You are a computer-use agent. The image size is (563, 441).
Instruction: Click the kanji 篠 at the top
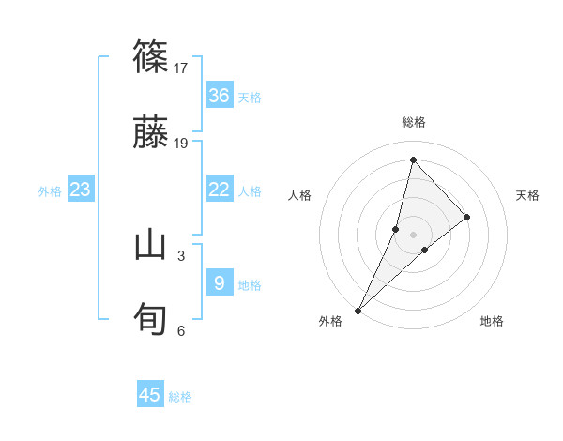151,56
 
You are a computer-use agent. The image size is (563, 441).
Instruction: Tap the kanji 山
151,245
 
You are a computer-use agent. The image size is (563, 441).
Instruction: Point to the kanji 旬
151,320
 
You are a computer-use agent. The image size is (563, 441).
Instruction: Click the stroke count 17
182,68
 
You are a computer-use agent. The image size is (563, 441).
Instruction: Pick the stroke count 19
182,143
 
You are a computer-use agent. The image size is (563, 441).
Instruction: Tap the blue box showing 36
220,96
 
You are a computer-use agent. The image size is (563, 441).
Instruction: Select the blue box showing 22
220,190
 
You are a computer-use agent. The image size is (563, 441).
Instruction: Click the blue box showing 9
220,282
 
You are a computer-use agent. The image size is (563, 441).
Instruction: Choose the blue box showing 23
81,190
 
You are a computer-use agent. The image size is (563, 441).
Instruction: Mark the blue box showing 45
150,395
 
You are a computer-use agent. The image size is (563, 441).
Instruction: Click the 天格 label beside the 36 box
250,98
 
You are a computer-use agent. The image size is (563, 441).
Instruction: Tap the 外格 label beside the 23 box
50,191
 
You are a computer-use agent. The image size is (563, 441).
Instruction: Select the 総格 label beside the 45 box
180,397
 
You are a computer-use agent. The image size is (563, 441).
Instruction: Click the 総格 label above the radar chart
414,122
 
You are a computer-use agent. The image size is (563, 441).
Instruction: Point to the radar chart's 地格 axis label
492,321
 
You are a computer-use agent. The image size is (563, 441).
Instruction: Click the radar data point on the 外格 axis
358,310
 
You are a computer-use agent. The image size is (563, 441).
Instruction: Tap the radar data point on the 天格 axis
467,217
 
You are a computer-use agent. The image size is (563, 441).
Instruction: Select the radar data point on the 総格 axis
412,160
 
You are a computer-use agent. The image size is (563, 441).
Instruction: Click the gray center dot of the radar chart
413,234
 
